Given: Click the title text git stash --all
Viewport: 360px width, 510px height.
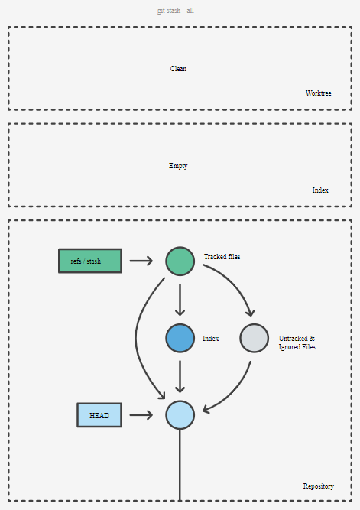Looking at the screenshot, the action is (176, 11).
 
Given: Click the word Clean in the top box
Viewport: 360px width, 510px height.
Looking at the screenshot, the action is (178, 69).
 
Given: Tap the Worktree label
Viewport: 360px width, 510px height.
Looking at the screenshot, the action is (319, 93).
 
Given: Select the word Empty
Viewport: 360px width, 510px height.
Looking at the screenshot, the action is (178, 166).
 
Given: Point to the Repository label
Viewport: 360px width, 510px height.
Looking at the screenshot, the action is (319, 486).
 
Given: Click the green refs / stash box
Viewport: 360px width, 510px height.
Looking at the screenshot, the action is (90, 261).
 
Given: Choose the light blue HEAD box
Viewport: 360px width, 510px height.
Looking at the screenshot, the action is (99, 415).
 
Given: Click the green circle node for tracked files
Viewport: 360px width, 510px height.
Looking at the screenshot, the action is (180, 261).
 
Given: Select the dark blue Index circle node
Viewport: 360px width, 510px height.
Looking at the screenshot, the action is (180, 338).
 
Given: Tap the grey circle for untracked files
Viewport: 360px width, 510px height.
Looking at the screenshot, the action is (255, 338).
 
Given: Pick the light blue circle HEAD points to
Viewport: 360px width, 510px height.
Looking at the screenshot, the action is (180, 415).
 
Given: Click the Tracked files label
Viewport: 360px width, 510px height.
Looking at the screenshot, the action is (222, 257).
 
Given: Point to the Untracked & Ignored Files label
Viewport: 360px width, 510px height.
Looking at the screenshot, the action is (297, 343).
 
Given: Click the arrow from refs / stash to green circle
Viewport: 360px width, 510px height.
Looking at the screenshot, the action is (141, 261).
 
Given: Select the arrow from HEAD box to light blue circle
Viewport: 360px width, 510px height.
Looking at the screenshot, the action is (141, 415).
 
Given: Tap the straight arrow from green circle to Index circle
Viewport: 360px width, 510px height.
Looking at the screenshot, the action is (180, 300).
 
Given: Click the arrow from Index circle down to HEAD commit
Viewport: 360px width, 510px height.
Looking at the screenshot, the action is (180, 377).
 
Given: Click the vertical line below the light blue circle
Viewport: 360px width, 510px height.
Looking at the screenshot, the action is (180, 465).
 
